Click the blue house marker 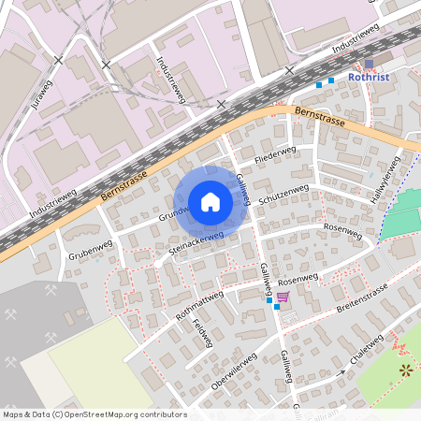pos(210,201)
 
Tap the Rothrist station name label pos(368,77)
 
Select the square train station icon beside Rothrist pos(369,64)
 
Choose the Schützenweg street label pos(283,194)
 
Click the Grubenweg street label pos(90,250)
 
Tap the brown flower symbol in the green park pos(406,370)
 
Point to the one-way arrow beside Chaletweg pos(341,371)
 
